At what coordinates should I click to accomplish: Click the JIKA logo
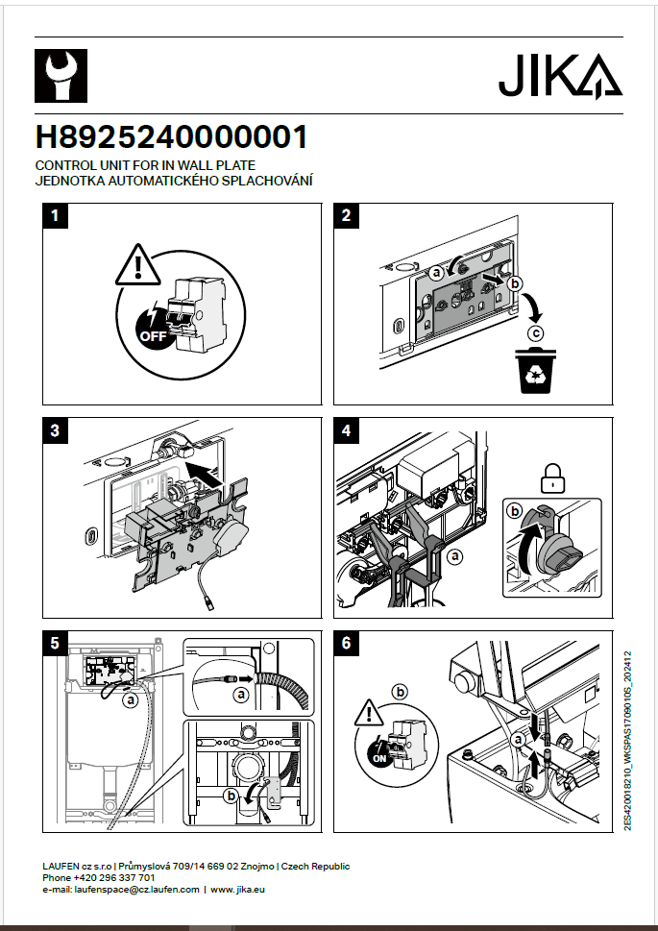(560, 76)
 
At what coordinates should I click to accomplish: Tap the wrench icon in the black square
(61, 76)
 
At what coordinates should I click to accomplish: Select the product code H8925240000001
(172, 137)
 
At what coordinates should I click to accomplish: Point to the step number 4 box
(347, 430)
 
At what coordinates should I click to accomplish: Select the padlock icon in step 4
(553, 477)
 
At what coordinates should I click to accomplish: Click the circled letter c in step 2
(536, 333)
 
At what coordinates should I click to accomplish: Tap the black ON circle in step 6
(379, 756)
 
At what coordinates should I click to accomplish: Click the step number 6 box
(347, 643)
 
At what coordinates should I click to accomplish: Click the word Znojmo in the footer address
(252, 867)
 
